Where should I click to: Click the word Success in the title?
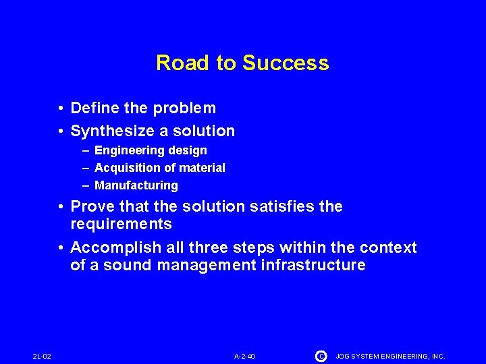pos(286,63)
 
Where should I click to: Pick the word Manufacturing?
pos(136,185)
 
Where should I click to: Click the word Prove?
pos(91,206)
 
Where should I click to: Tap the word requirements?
pos(121,224)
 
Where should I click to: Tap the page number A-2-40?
pos(244,356)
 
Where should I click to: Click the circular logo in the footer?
pos(321,355)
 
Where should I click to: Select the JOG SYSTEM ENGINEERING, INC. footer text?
pos(391,356)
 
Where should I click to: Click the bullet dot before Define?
pos(61,109)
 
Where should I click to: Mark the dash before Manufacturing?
pos(86,185)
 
